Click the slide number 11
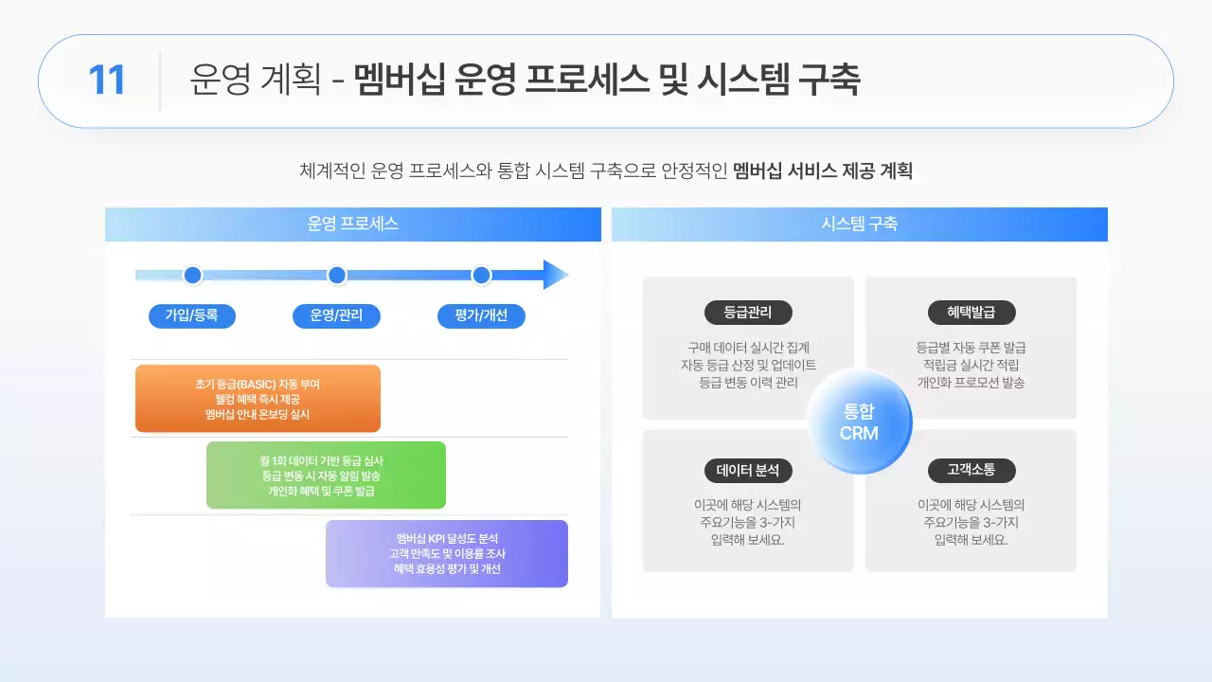tap(107, 81)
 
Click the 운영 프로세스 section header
tap(352, 224)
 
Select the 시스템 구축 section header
tap(859, 224)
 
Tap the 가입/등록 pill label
tap(192, 315)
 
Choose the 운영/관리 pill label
tap(336, 315)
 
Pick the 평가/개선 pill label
tap(481, 315)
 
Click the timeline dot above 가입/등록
tap(193, 276)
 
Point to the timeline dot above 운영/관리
tap(337, 276)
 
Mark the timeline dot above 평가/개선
tap(481, 276)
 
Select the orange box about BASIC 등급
tap(258, 399)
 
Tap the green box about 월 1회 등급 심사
tap(326, 476)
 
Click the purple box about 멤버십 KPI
tap(447, 553)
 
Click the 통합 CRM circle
tap(859, 422)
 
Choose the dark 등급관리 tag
tap(748, 313)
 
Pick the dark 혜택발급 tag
tap(971, 313)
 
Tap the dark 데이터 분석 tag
tap(748, 471)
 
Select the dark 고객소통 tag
tap(971, 471)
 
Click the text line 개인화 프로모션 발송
tap(971, 383)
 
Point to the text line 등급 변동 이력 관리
tap(748, 383)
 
